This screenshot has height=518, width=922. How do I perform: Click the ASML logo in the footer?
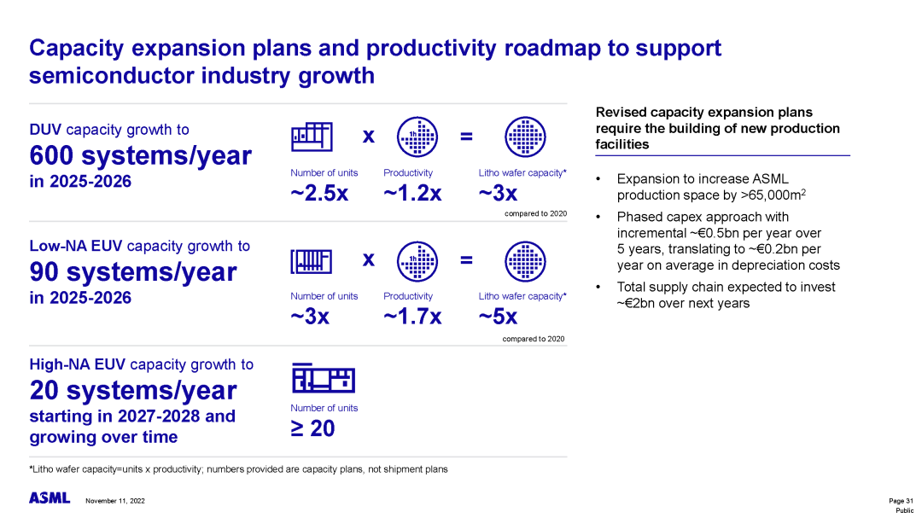coord(50,498)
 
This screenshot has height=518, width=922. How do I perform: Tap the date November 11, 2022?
coord(115,501)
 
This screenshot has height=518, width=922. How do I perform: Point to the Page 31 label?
coord(901,501)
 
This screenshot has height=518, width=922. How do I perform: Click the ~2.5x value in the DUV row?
coord(319,193)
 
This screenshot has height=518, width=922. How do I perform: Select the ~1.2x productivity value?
coord(412,193)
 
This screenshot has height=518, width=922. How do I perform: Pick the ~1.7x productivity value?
coord(412,317)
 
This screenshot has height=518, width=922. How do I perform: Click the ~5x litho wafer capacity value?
coord(498,317)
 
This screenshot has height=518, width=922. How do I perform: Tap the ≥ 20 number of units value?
coord(312,428)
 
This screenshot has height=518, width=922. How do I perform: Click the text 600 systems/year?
coord(141,155)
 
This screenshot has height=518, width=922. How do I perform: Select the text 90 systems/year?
coord(133,271)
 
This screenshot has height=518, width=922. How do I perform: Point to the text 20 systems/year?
coord(133,390)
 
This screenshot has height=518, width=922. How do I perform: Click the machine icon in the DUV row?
coord(312,137)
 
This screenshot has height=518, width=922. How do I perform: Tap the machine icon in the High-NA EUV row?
coord(324,377)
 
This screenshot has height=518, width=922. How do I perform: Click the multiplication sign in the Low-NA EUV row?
coord(369,259)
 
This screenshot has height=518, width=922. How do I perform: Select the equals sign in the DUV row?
coord(466,137)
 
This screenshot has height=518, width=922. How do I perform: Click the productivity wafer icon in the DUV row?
coord(417,137)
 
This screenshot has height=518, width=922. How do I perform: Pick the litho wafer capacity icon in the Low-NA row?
coord(525,262)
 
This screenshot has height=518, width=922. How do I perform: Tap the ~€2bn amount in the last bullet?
coord(638,304)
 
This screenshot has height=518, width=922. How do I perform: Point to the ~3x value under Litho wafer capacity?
coord(498,193)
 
